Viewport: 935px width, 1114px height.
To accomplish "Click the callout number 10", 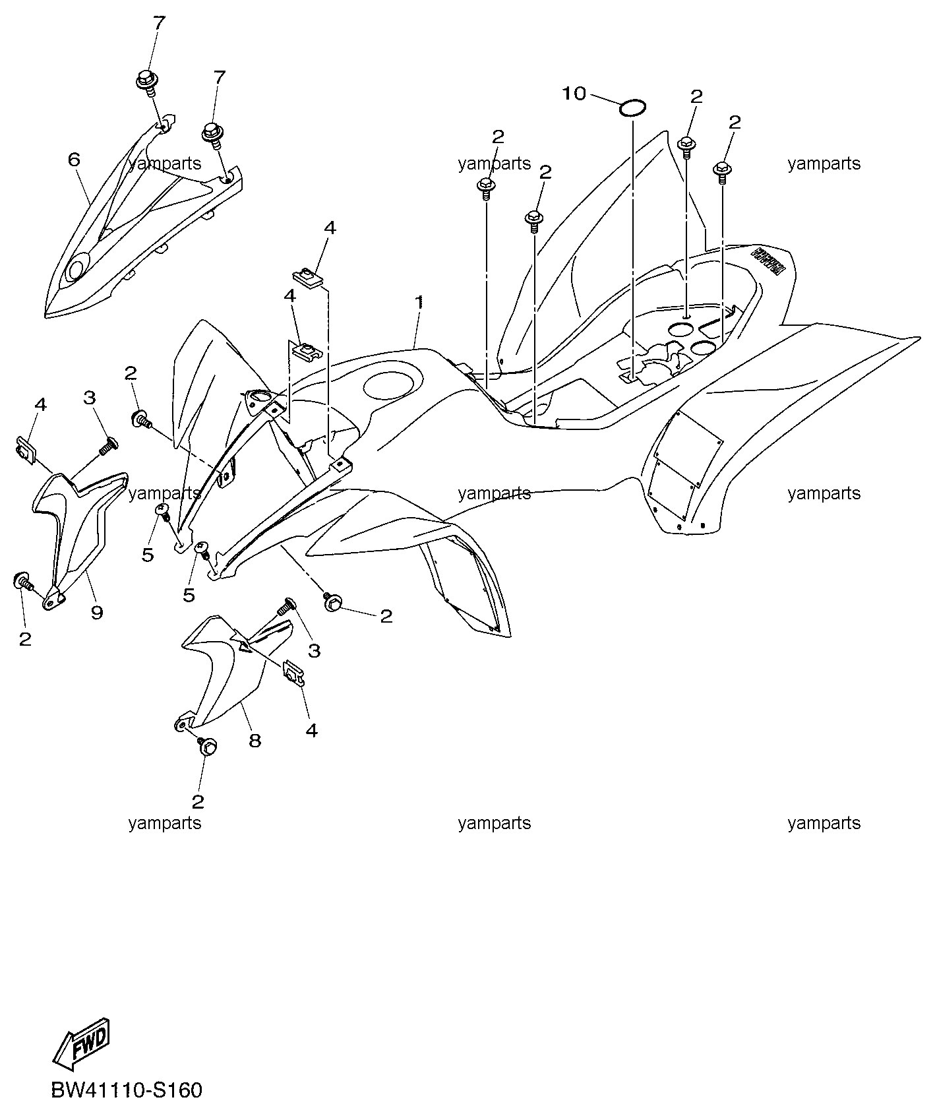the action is point(574,94).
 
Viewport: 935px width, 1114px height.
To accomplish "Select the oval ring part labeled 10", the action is point(632,107).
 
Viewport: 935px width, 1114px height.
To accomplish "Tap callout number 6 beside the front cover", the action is point(74,159).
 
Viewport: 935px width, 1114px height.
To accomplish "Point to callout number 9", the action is point(97,613).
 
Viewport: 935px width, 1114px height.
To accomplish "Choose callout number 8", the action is point(255,740).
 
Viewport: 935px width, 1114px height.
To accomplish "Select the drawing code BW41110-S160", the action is point(127,1090).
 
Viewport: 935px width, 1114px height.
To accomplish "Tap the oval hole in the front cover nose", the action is point(76,269).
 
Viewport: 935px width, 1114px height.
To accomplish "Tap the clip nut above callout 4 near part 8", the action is point(293,672).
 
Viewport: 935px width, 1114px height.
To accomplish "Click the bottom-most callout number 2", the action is point(198,801).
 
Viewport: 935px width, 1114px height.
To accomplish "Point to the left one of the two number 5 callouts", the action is point(148,555).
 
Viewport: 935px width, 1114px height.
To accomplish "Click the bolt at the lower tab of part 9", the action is point(22,581).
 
